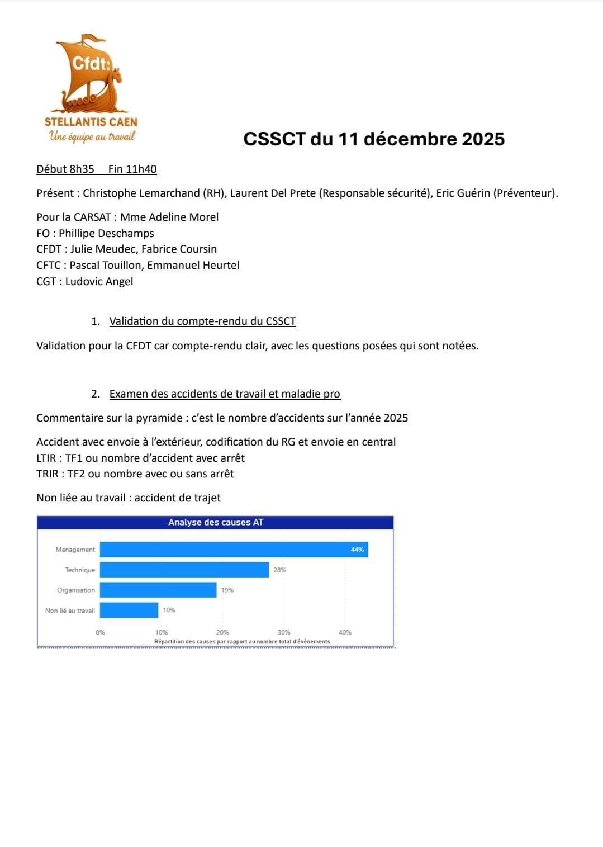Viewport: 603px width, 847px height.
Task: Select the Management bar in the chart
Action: (x=234, y=550)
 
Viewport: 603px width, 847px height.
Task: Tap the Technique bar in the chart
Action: (x=184, y=570)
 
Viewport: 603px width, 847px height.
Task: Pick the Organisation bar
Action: (x=158, y=590)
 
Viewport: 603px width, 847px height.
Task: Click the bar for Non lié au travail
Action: (x=129, y=610)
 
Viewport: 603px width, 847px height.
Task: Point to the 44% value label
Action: (x=357, y=550)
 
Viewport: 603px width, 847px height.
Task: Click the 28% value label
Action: (x=280, y=570)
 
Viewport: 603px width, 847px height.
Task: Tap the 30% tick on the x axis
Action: (x=284, y=632)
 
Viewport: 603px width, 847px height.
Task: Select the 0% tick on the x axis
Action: (x=101, y=632)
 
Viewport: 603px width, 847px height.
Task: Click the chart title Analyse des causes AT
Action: (x=216, y=522)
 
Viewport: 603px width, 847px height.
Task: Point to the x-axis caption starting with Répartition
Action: (x=242, y=642)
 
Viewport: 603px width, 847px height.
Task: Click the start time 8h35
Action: (x=82, y=169)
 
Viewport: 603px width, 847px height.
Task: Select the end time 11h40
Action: (x=141, y=169)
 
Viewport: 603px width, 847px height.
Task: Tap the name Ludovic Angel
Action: (x=99, y=281)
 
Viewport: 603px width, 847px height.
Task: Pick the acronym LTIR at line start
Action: (x=46, y=458)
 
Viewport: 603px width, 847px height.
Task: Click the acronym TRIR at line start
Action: (x=46, y=474)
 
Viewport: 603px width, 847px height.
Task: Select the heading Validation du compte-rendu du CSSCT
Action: (x=202, y=321)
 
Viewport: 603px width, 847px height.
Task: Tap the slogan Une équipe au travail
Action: (x=92, y=136)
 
